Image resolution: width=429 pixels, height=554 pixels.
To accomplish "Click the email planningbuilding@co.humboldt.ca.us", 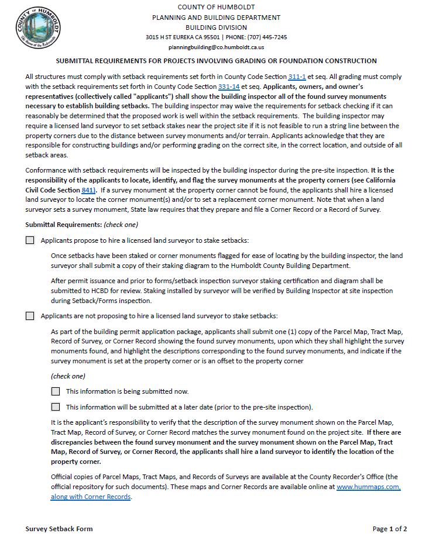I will coord(216,47).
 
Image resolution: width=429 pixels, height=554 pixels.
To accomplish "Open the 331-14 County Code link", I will coord(228,87).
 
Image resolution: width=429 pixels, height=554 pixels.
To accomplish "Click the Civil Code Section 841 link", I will coord(88,190).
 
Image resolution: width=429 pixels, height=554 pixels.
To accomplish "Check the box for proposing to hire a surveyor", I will coord(30,240).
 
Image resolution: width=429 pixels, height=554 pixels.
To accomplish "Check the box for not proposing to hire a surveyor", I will coord(30,316).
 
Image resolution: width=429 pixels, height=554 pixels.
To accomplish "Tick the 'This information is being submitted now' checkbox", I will coord(56,391).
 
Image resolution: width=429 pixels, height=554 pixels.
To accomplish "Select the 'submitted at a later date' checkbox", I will coord(56,407).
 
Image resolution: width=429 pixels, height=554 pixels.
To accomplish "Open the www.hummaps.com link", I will coord(368,486).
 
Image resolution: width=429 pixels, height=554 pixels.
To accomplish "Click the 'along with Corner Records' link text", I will coord(91,496).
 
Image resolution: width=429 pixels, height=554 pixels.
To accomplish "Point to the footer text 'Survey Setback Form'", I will coord(59,529).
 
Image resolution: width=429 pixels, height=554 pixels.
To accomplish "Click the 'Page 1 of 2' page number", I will coord(389,529).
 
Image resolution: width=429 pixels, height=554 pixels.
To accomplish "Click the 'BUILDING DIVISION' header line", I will coord(216,27).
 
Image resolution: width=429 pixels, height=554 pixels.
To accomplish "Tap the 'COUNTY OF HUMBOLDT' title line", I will coord(216,7).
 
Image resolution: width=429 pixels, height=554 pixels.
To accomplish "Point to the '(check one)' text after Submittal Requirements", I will coord(121,225).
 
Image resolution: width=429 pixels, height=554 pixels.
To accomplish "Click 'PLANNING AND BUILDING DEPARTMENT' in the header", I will coord(216,18).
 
